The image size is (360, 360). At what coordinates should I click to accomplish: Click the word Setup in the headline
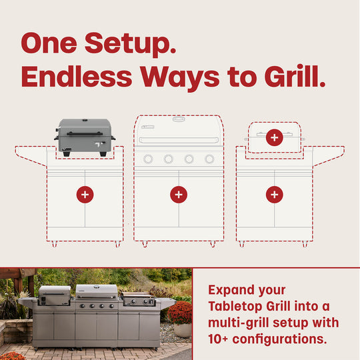pyautogui.click(x=126, y=45)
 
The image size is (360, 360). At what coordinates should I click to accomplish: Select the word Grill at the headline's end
pyautogui.click(x=293, y=77)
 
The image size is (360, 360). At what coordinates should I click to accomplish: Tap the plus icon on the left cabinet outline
pyautogui.click(x=85, y=195)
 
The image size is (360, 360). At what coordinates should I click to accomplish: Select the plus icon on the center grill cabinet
pyautogui.click(x=178, y=195)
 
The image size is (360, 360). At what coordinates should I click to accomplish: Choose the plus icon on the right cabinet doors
pyautogui.click(x=274, y=195)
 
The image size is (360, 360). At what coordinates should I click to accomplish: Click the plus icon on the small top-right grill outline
pyautogui.click(x=274, y=138)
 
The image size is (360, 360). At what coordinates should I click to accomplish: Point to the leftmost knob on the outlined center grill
pyautogui.click(x=148, y=159)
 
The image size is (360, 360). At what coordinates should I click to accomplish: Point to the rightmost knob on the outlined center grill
pyautogui.click(x=209, y=159)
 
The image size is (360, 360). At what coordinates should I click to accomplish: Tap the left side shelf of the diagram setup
pyautogui.click(x=31, y=154)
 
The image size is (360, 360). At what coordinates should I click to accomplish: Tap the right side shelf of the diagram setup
pyautogui.click(x=328, y=154)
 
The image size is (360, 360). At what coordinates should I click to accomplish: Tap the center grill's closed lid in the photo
pyautogui.click(x=97, y=291)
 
